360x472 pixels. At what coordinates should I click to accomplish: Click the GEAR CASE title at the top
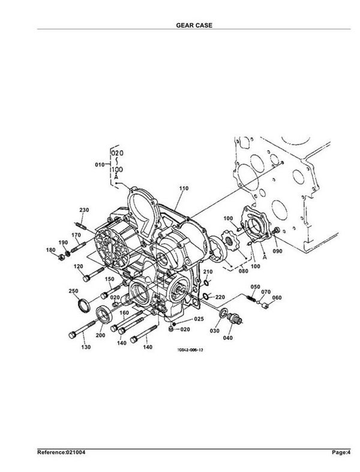pyautogui.click(x=194, y=25)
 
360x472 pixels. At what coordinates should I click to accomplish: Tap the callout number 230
pyautogui.click(x=84, y=210)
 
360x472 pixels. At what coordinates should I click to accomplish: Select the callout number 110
pyautogui.click(x=184, y=189)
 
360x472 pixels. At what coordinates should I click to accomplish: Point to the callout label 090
pyautogui.click(x=277, y=250)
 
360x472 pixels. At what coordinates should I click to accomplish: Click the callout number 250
pyautogui.click(x=73, y=291)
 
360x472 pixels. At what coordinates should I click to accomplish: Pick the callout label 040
pyautogui.click(x=227, y=337)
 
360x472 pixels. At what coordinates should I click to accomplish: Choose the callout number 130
pyautogui.click(x=86, y=347)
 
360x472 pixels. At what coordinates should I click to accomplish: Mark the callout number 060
pyautogui.click(x=277, y=298)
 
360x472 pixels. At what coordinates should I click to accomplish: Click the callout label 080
pyautogui.click(x=244, y=271)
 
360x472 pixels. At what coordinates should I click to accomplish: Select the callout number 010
pyautogui.click(x=100, y=165)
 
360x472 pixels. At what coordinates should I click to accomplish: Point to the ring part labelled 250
pyautogui.click(x=83, y=305)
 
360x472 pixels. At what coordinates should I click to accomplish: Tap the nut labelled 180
pyautogui.click(x=61, y=257)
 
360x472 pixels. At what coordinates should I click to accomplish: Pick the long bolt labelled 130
pyautogui.click(x=82, y=330)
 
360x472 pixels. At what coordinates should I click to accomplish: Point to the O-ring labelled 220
pyautogui.click(x=205, y=296)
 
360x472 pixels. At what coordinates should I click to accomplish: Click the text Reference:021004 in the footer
pyautogui.click(x=61, y=452)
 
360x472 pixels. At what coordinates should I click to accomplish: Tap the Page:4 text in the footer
pyautogui.click(x=341, y=452)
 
